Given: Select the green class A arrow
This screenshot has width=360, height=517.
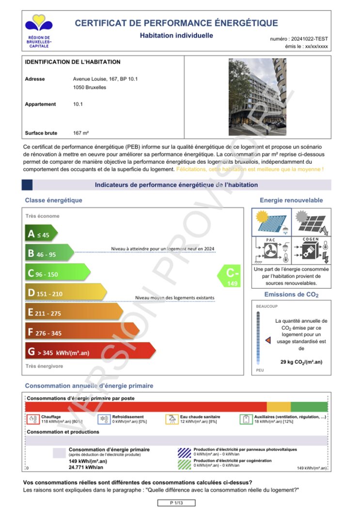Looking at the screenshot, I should coord(41,234).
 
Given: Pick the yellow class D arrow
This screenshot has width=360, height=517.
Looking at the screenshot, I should coord(65,293).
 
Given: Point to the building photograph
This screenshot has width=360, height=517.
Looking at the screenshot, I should coord(257,97).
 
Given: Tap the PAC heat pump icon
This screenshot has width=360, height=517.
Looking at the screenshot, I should coord(271,250).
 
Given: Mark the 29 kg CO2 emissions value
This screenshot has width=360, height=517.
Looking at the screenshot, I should coord(301,362).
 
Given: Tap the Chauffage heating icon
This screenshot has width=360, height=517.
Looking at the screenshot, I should coord(32,419).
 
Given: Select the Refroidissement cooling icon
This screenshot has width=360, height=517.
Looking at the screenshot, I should coord(104,419).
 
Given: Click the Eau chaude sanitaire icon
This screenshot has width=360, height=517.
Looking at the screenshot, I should coord(172,419).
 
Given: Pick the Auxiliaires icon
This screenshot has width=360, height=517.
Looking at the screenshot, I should coord(246,419).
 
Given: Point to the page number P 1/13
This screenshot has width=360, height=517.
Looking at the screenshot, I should coord(176,503).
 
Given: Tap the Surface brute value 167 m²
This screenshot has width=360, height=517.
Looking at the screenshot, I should coord(81,133).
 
